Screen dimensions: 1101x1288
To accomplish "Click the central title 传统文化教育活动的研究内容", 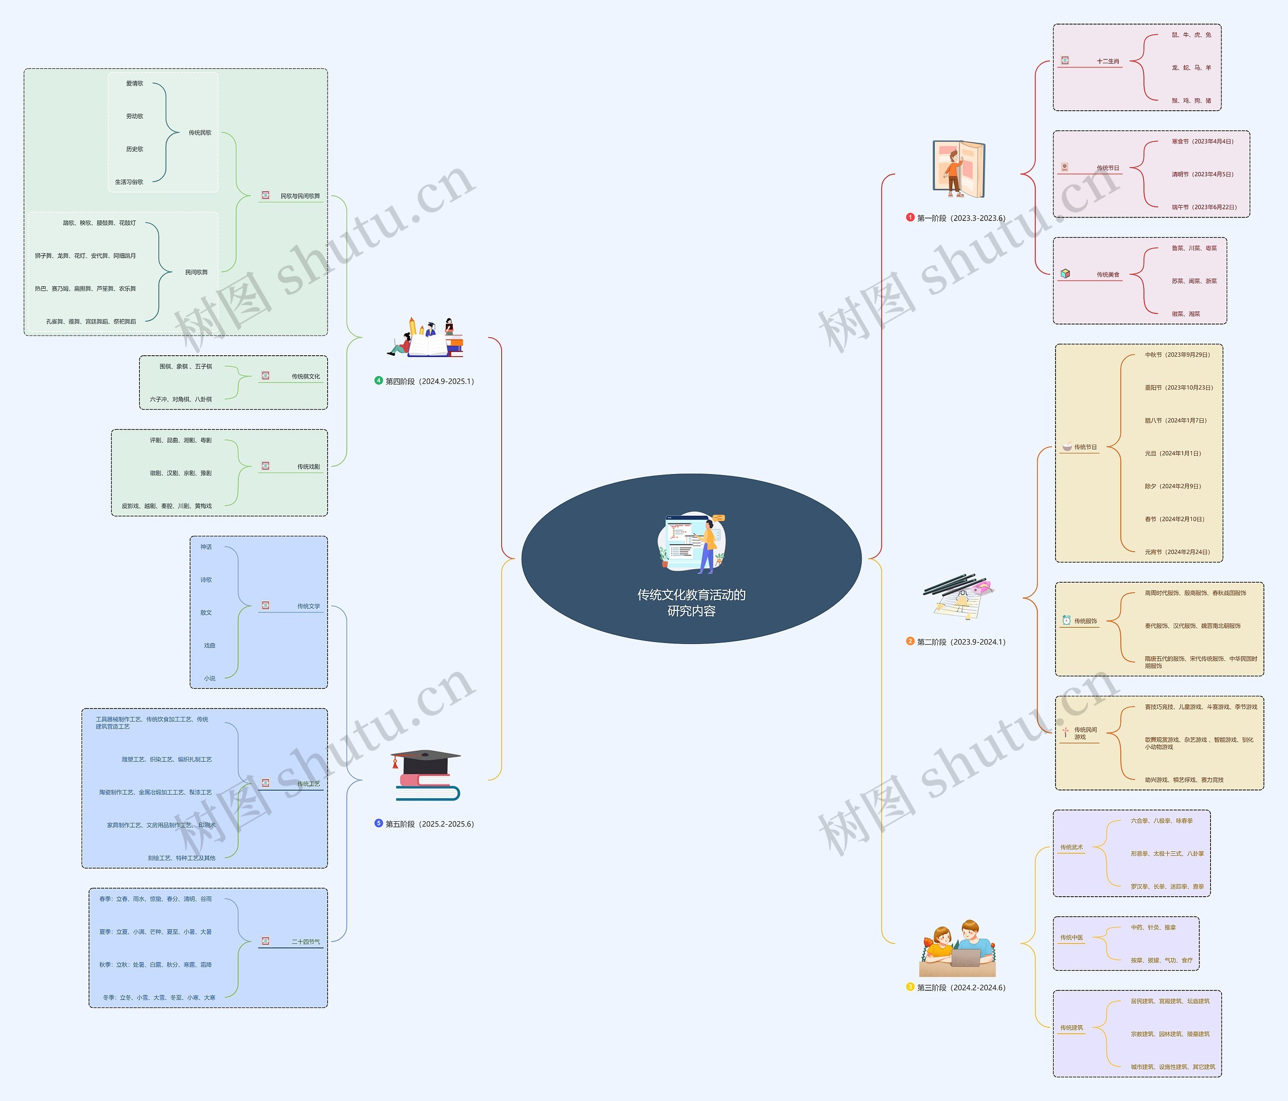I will coord(691,602).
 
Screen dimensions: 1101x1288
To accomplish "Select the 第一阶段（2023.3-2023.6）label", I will coord(960,218).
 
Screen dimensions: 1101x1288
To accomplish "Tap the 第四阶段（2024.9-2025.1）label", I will coord(429,381).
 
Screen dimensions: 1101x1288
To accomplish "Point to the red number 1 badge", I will coord(910,217).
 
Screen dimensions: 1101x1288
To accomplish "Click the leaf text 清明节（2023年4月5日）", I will coord(1202,175).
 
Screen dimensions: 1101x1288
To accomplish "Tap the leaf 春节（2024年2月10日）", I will coord(1174,519).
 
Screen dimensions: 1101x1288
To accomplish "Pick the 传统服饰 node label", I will coord(1085,621).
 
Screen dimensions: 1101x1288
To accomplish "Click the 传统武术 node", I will coord(1071,847).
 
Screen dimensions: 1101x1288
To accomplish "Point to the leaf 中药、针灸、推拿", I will coord(1153,927).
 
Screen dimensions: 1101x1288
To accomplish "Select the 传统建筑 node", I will coord(1071,1028).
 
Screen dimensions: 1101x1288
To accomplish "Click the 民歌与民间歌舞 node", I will coord(300,196).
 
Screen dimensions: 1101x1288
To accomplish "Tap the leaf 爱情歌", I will coord(134,84).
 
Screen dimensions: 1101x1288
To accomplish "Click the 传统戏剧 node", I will coord(308,467).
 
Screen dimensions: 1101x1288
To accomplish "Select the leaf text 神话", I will coord(206,547).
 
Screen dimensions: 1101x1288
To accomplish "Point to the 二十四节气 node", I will coord(306,942).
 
